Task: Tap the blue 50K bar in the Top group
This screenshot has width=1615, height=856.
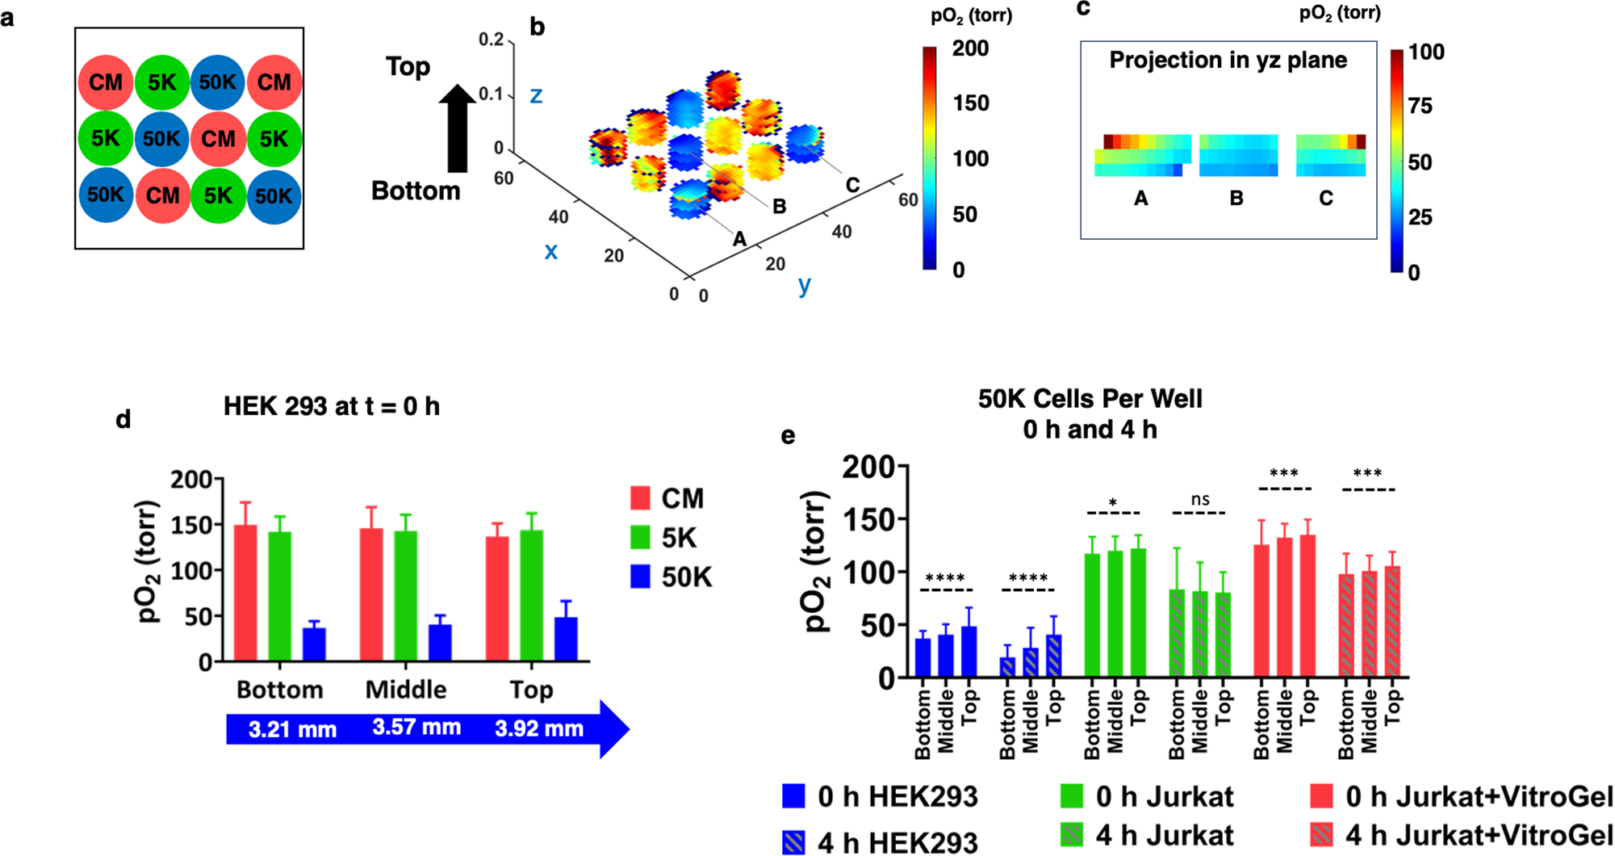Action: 566,639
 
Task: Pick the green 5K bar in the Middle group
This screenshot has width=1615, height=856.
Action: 405,595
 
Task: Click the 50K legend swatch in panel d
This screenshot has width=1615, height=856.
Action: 640,577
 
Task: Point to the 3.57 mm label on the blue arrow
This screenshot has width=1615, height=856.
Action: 416,728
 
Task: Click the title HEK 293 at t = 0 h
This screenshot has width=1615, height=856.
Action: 331,406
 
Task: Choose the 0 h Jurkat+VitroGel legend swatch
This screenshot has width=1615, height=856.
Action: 1321,796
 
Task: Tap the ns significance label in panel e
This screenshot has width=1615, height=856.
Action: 1200,500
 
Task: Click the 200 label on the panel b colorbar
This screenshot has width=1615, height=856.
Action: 970,49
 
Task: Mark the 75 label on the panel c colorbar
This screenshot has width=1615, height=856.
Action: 1420,106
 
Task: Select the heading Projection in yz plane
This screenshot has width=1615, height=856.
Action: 1228,61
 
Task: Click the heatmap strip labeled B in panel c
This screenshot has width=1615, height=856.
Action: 1238,155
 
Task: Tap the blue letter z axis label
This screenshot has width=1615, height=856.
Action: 536,96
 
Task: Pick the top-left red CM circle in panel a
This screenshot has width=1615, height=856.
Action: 106,82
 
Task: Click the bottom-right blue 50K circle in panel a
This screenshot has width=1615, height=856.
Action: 274,196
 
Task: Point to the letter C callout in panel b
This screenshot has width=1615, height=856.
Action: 852,185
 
